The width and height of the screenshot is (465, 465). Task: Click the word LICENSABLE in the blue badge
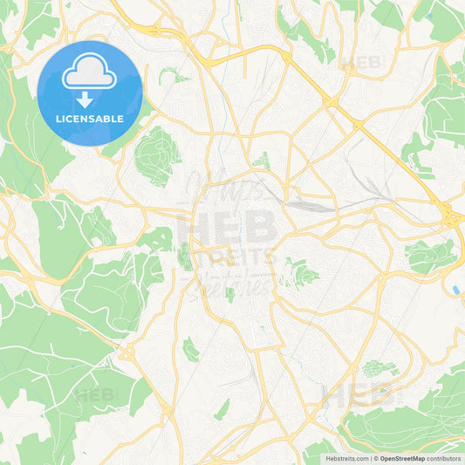(89, 118)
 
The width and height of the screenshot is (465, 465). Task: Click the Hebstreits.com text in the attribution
(347, 458)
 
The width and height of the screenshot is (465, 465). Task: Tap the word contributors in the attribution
(444, 458)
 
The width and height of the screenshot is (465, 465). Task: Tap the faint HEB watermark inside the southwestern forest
(95, 394)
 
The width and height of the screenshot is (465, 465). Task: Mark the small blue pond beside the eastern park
(455, 289)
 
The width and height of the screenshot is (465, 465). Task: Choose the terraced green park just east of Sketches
(298, 277)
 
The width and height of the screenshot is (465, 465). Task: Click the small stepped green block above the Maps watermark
(262, 161)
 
